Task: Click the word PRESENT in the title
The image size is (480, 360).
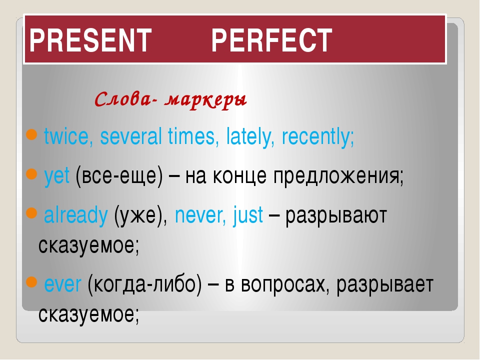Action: click(x=90, y=40)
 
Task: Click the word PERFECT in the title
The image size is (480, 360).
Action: click(x=272, y=40)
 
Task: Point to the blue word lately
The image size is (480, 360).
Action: click(x=250, y=137)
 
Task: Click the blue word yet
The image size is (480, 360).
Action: click(x=57, y=176)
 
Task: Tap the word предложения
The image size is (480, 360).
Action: click(x=338, y=176)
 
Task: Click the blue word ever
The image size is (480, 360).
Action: click(x=63, y=284)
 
